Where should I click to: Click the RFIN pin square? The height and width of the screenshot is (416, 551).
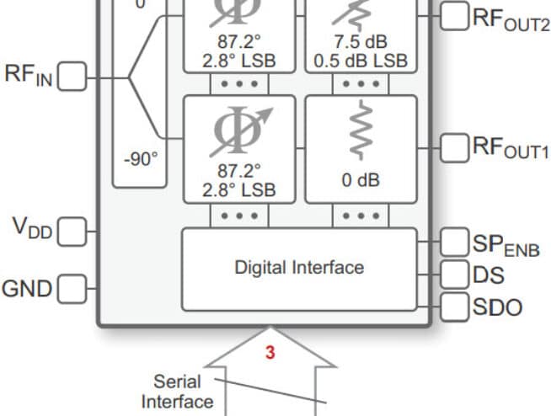point(72,77)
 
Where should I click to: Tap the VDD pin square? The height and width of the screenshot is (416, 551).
point(72,232)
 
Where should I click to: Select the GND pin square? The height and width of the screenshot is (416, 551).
point(72,289)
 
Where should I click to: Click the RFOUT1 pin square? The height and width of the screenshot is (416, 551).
point(454,148)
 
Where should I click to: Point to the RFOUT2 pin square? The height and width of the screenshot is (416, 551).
point(454,16)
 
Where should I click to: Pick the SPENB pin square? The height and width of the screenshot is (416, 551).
point(454,242)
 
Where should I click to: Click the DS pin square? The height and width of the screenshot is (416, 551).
point(454,275)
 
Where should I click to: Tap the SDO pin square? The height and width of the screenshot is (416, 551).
point(454,307)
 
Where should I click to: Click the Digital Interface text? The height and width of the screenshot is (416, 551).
point(299,268)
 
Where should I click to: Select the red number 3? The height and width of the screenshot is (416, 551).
point(270,352)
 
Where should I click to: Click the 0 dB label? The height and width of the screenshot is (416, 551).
point(361,180)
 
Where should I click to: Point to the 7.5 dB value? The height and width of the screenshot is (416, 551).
point(361,42)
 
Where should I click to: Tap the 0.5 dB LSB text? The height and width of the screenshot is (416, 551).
point(361,61)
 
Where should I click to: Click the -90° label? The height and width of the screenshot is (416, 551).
point(141,159)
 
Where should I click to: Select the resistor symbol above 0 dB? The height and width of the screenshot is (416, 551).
point(361,130)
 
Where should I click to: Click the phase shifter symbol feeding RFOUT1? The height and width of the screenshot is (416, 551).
point(242,131)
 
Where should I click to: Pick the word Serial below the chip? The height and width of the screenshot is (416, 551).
point(177,381)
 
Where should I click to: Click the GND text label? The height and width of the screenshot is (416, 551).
point(27,289)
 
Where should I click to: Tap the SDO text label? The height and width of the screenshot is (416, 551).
point(498,307)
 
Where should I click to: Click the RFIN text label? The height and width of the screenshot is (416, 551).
point(29,75)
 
